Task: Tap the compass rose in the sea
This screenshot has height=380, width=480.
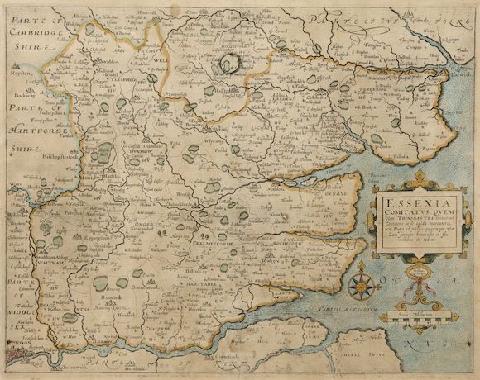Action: (x=362, y=286)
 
